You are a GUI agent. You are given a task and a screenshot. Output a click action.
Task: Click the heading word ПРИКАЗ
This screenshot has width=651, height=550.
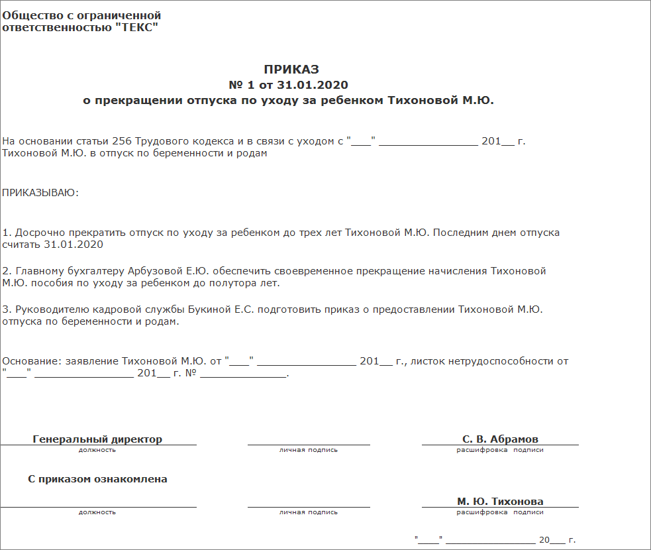291,70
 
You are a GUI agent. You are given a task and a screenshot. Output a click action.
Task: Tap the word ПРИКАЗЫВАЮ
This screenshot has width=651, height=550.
40,193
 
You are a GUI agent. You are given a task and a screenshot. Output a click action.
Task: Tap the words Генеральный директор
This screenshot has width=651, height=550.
97,439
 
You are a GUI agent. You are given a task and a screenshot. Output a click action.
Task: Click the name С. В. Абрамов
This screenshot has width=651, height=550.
500,439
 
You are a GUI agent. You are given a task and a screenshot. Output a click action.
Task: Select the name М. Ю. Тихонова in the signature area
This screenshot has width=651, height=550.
500,502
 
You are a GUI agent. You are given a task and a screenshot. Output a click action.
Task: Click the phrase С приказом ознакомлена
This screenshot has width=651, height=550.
97,479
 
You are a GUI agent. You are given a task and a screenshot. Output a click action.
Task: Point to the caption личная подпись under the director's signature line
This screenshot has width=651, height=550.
308,450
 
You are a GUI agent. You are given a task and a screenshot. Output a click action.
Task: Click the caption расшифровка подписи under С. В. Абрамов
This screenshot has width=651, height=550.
500,450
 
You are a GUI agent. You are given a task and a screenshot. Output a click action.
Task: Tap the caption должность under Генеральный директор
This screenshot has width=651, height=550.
97,450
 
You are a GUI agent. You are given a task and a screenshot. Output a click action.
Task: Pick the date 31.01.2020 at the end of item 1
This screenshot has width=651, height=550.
74,245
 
